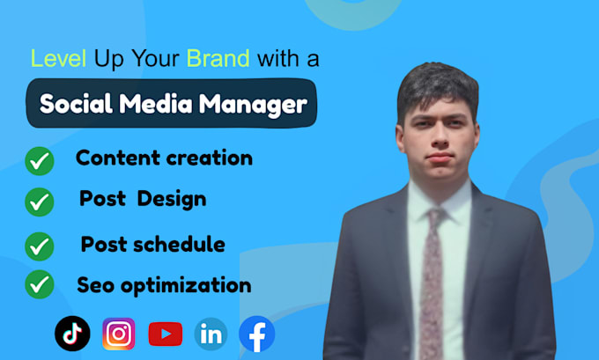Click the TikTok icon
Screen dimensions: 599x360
(72, 334)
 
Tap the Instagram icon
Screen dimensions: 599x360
(119, 334)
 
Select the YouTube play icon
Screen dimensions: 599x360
(166, 334)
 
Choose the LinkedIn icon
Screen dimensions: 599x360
(211, 334)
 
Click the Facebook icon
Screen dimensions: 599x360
(256, 334)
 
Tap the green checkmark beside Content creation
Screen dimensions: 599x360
(40, 161)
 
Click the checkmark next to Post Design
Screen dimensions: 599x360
(40, 202)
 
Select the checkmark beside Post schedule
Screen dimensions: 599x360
(40, 246)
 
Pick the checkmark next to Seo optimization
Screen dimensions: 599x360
(40, 284)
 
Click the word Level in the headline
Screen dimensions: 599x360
(58, 58)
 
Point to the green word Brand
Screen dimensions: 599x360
(218, 58)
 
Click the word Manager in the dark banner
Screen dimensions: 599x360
(254, 104)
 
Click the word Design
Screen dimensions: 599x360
(172, 200)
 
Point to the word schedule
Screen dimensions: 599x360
(179, 244)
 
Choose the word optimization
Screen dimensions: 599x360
(186, 286)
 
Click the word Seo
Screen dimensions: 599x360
(95, 285)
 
